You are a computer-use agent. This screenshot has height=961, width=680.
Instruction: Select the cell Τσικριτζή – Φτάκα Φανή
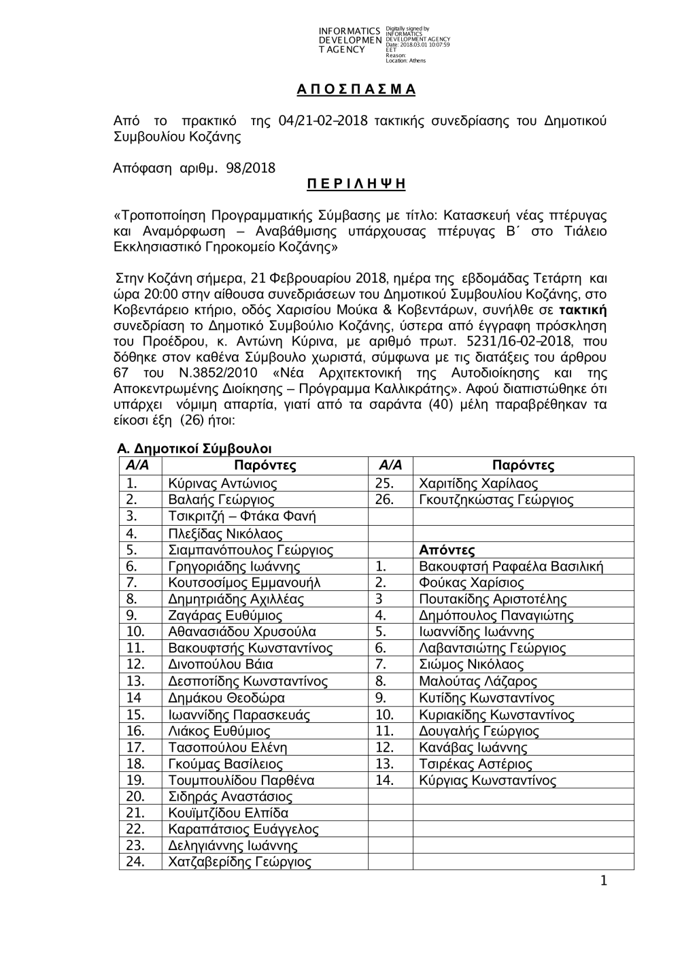click(241, 516)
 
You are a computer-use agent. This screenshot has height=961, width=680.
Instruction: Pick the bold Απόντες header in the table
click(447, 550)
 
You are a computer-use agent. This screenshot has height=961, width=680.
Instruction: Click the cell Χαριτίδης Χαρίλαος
click(478, 484)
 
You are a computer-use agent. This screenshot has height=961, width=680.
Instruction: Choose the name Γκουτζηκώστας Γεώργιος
click(496, 500)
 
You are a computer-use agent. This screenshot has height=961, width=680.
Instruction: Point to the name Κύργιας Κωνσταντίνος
click(488, 780)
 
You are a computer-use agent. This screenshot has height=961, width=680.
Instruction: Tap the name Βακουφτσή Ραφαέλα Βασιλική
click(511, 566)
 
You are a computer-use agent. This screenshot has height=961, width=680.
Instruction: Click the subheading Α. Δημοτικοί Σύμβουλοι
click(194, 449)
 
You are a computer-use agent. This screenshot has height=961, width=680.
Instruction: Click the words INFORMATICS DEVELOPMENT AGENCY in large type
click(350, 40)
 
